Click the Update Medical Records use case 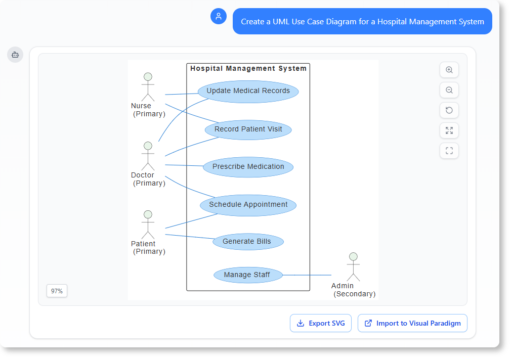click(x=248, y=92)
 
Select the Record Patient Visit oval click(x=248, y=129)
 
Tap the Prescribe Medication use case click(x=248, y=167)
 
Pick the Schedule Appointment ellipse click(x=248, y=205)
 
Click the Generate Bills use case click(x=247, y=242)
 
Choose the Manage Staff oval click(x=247, y=275)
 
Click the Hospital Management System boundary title click(x=248, y=68)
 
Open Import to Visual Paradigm click(x=412, y=323)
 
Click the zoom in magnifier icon click(x=449, y=70)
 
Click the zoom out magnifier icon click(x=449, y=90)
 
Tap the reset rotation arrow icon click(x=449, y=110)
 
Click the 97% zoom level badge click(x=57, y=291)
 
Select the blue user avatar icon click(x=219, y=16)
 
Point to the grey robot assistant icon click(x=15, y=55)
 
